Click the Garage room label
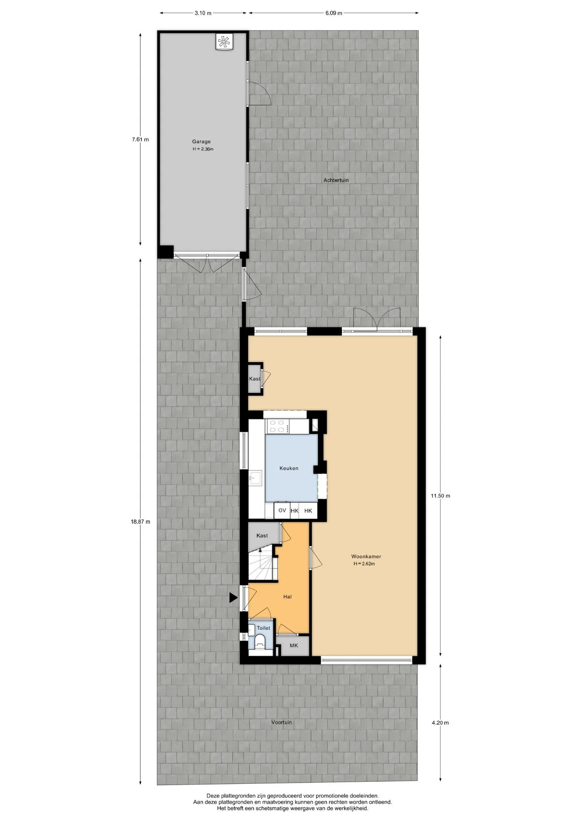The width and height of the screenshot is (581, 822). [x=201, y=142]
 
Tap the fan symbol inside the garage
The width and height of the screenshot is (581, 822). [x=224, y=42]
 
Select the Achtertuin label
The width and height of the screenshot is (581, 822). [x=336, y=180]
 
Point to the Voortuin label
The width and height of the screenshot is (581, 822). [x=282, y=722]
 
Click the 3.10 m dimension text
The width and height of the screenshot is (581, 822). [x=203, y=13]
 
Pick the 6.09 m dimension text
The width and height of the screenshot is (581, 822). [x=334, y=13]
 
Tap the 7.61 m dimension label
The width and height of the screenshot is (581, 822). [x=140, y=139]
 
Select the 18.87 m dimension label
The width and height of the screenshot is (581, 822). [x=140, y=521]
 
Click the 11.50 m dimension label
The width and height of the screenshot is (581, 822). [x=440, y=496]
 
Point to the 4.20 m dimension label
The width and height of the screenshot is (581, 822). [x=440, y=723]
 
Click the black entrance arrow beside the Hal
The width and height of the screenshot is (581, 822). [x=233, y=598]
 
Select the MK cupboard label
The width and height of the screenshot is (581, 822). [x=293, y=645]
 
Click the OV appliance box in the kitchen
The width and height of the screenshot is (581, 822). [x=282, y=510]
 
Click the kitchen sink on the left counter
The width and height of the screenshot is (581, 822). [x=256, y=478]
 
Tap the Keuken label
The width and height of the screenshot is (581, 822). [x=289, y=468]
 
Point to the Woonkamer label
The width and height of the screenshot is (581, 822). [x=366, y=557]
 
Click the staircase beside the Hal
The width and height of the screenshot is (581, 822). [x=262, y=563]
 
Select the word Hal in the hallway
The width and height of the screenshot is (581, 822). [x=288, y=597]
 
